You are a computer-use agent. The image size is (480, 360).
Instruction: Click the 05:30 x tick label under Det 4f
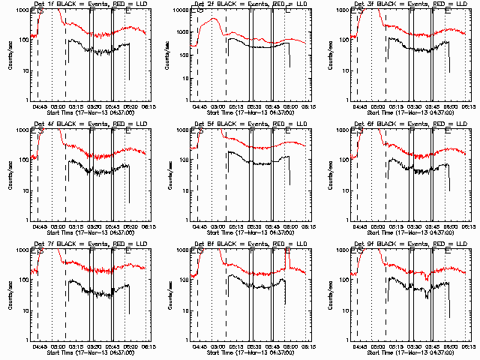(x=94, y=226)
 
